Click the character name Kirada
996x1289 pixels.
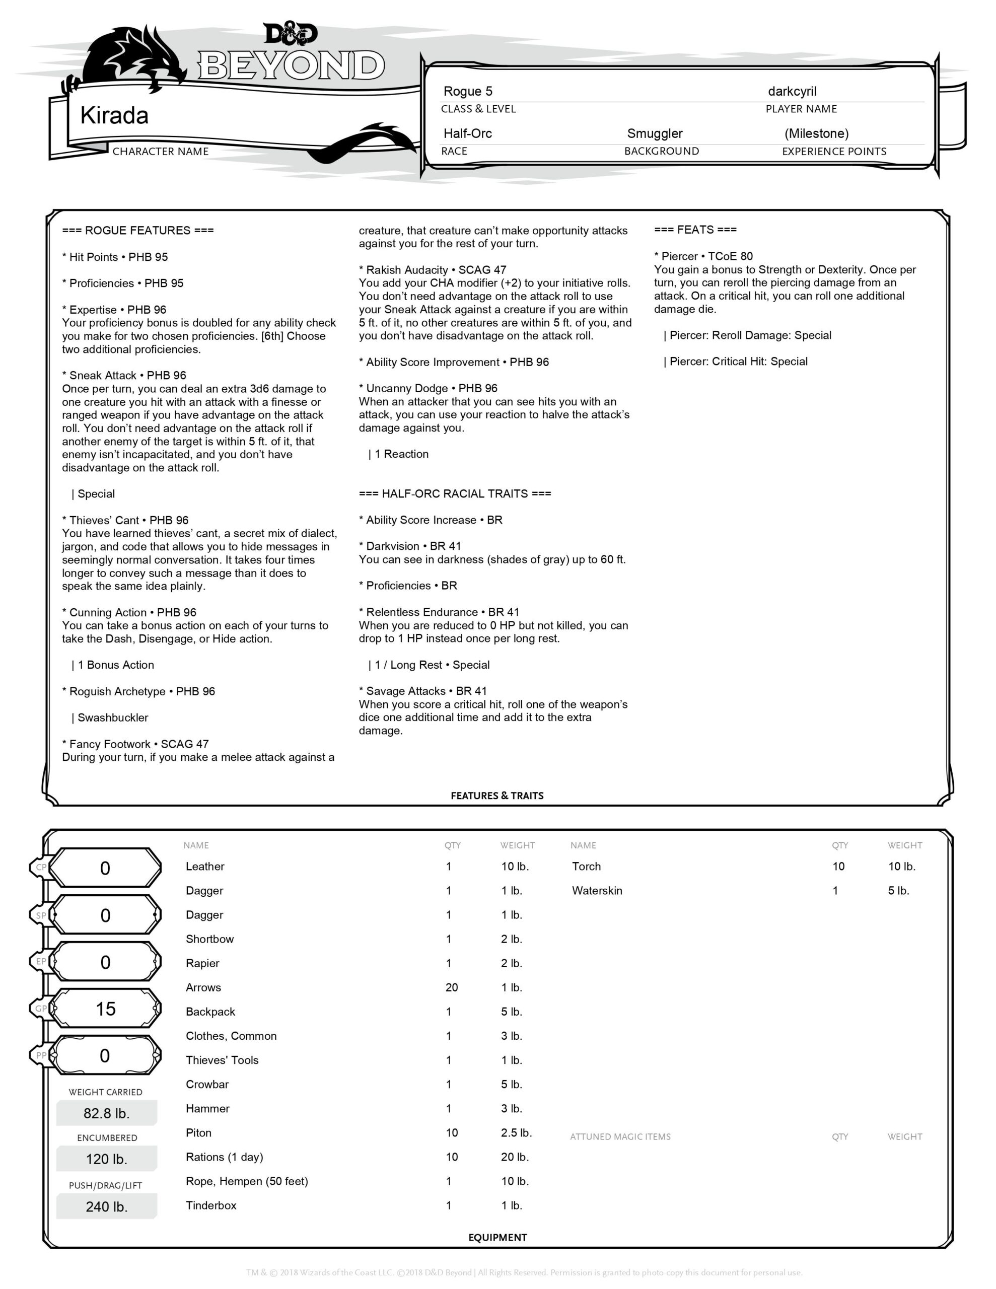[114, 116]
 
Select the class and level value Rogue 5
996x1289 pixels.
[468, 92]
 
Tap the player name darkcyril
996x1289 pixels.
[792, 92]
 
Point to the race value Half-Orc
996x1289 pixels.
[468, 134]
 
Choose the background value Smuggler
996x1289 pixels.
[654, 134]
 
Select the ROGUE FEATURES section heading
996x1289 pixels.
[138, 230]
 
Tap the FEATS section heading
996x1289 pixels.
[695, 230]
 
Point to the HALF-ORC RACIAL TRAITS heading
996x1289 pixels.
[455, 493]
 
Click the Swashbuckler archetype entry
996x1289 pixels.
[113, 718]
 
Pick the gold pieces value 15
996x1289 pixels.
[106, 1009]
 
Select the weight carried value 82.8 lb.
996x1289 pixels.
[106, 1113]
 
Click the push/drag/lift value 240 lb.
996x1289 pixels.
[106, 1206]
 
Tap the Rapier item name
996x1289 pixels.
[202, 963]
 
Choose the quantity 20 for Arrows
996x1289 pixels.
[452, 987]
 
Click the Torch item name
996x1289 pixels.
[586, 867]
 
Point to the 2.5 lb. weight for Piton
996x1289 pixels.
[516, 1132]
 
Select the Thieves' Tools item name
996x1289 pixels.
[222, 1060]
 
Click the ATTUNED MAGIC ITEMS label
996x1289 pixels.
[620, 1137]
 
